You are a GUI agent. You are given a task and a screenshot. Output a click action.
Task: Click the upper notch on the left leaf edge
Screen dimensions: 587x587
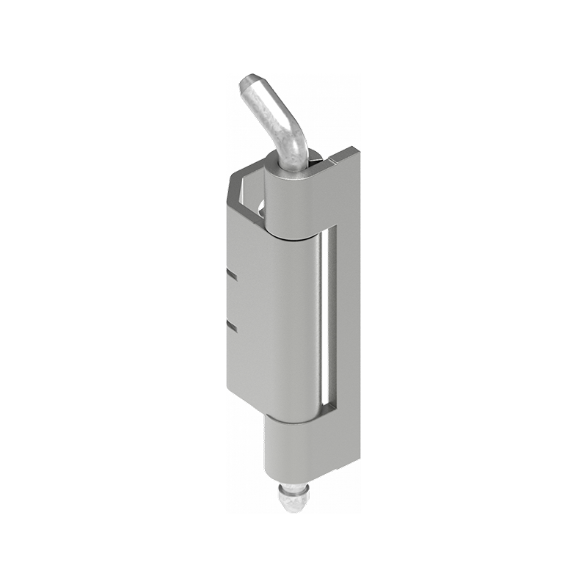coord(232,277)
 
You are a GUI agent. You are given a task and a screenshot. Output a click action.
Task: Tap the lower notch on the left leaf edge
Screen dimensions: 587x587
coord(232,324)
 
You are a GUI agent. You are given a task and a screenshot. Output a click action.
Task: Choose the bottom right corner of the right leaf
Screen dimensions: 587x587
coord(360,452)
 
